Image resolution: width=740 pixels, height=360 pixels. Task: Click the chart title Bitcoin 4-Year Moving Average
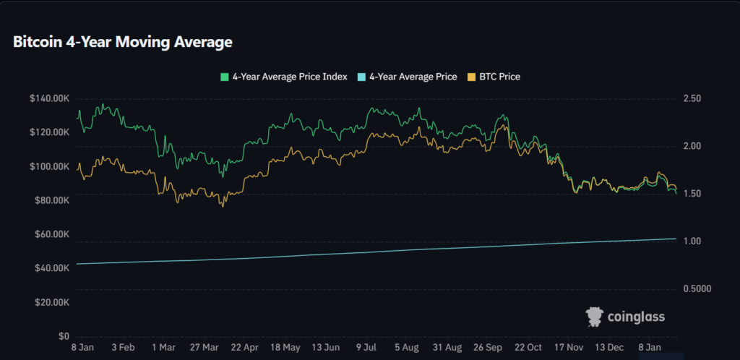coord(123,43)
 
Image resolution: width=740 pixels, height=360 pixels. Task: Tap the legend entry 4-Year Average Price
coord(413,77)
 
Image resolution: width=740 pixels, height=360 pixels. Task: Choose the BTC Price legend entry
coord(499,77)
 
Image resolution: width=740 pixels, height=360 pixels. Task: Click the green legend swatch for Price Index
coord(224,77)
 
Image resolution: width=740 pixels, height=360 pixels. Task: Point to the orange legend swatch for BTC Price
coord(473,77)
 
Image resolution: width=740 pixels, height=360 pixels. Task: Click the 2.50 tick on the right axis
coord(692,98)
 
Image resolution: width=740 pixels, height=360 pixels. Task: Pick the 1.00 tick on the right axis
coord(692,241)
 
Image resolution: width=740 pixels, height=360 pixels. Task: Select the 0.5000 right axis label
coord(697,289)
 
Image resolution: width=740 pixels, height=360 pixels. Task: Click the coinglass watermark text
coord(635,317)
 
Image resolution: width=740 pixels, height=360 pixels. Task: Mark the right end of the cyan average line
coord(676,239)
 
